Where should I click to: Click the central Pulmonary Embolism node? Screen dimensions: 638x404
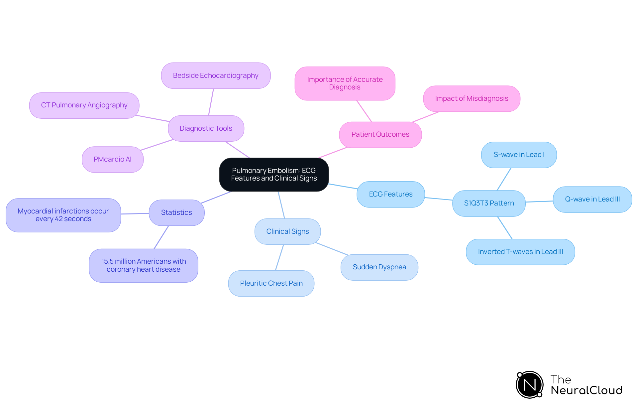[x=274, y=175]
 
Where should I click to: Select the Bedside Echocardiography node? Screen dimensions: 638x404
[x=216, y=76]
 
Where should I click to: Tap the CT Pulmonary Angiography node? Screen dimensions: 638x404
[x=84, y=105]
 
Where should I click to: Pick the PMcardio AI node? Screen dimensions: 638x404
[x=112, y=160]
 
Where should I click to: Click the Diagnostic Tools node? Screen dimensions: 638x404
[x=206, y=128]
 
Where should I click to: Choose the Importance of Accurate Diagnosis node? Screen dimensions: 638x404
[x=345, y=83]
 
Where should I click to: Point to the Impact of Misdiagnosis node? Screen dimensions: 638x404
[x=471, y=99]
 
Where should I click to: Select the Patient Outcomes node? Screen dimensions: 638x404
[x=380, y=135]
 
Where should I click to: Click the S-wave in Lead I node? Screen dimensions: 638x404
[x=519, y=155]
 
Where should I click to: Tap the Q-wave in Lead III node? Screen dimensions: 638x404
[x=592, y=200]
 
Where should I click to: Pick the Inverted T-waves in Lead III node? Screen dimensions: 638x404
[x=520, y=252]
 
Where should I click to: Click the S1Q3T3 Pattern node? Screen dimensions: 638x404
[x=489, y=203]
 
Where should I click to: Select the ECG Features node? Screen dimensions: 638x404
[x=390, y=195]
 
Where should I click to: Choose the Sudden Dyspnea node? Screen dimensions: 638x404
[x=379, y=267]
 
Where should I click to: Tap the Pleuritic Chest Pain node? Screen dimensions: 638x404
[x=271, y=284]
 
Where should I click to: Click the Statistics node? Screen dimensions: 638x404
[x=176, y=213]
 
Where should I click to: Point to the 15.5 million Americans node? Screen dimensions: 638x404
[x=143, y=266]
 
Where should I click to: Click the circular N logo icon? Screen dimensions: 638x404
[x=529, y=385]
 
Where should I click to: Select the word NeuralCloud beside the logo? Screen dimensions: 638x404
[x=586, y=390]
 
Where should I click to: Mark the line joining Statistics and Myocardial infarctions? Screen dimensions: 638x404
[x=135, y=214]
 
